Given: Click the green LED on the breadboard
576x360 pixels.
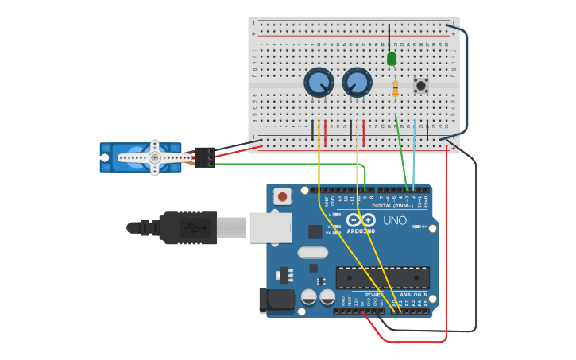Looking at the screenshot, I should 391,58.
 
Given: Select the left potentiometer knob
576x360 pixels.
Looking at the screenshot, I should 319,83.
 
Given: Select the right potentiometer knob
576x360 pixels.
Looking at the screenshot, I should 357,83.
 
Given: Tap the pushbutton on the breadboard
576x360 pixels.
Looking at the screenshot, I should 420,85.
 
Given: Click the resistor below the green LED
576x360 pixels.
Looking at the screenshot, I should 396,89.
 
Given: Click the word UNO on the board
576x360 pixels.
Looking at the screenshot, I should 395,220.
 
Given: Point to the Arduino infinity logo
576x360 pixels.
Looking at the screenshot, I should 360,221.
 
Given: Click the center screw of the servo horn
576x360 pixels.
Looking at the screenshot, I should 155,157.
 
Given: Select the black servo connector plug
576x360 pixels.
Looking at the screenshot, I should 204,157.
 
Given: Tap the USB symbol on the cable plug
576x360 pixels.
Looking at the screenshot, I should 191,227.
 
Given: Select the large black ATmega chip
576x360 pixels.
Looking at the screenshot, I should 382,277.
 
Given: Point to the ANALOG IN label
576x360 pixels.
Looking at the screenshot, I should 412,295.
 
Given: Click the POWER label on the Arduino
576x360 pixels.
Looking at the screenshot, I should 373,295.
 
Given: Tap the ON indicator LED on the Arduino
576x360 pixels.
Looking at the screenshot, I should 416,227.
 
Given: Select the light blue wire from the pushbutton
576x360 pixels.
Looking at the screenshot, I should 414,155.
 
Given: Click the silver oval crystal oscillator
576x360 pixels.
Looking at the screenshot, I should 312,253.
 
